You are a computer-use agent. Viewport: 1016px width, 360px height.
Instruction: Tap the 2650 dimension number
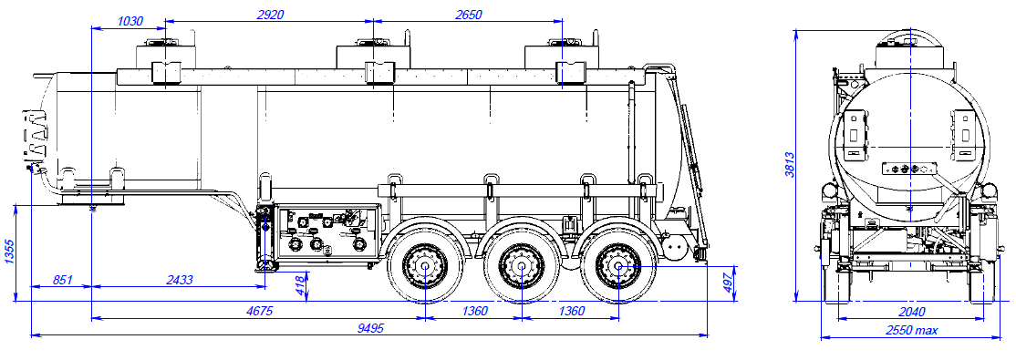pyautogui.click(x=467, y=15)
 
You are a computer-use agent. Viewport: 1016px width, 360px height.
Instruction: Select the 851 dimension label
pyautogui.click(x=62, y=280)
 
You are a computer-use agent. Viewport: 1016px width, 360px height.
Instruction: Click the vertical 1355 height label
pyautogui.click(x=10, y=252)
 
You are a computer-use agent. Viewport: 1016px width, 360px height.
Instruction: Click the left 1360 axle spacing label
pyautogui.click(x=473, y=311)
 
